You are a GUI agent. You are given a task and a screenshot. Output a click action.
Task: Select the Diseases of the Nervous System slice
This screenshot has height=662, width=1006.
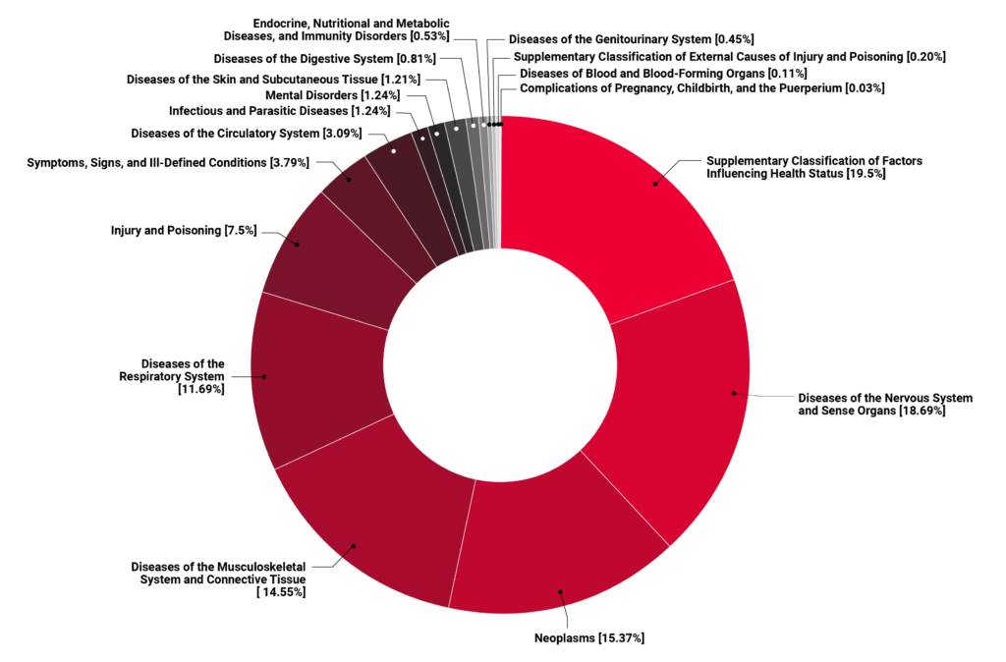click(678, 413)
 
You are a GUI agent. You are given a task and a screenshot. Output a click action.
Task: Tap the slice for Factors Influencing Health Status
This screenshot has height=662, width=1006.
click(629, 216)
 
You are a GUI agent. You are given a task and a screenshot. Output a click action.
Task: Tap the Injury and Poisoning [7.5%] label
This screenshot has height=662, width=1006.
click(184, 231)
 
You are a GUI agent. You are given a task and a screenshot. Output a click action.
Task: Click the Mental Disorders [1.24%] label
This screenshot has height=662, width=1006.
click(333, 95)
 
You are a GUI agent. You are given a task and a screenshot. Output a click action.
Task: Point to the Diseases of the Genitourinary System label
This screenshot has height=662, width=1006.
click(632, 39)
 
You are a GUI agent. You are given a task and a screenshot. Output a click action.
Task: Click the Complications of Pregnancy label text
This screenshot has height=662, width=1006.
click(702, 88)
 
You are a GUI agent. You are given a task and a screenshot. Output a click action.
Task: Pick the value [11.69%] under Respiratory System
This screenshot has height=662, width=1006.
click(201, 390)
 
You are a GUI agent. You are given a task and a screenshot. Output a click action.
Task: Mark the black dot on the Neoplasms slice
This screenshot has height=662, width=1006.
click(561, 591)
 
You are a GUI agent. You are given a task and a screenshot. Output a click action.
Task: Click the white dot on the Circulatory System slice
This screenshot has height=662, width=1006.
click(393, 151)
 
